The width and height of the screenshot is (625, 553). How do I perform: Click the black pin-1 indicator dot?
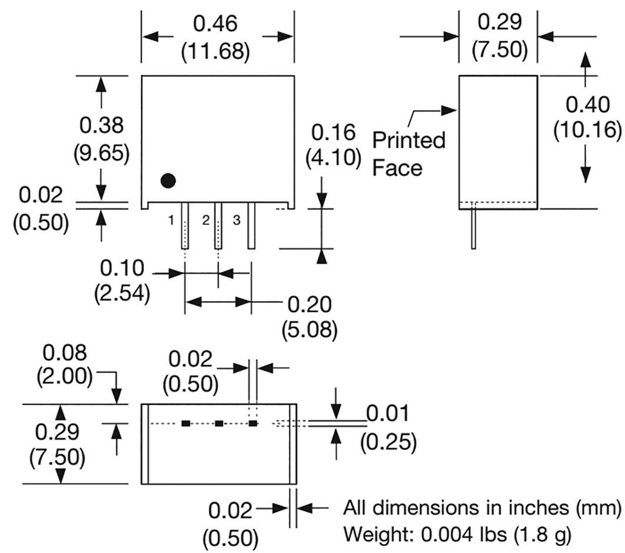168,180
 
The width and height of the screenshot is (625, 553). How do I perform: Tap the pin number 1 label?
173,219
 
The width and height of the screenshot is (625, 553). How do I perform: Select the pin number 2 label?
206,219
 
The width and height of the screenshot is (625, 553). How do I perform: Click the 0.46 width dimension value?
215,24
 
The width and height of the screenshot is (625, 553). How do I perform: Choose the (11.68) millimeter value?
215,51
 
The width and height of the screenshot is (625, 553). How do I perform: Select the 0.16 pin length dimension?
333,132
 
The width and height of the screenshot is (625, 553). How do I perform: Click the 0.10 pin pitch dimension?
122,268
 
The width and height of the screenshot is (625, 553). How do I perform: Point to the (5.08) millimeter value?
309,329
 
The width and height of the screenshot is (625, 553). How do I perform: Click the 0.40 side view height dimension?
587,104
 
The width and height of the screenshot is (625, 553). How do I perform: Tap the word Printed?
408,141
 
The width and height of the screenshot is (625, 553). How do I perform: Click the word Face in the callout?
397,168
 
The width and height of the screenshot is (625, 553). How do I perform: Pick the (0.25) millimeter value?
389,442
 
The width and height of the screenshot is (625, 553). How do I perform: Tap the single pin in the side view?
473,229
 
